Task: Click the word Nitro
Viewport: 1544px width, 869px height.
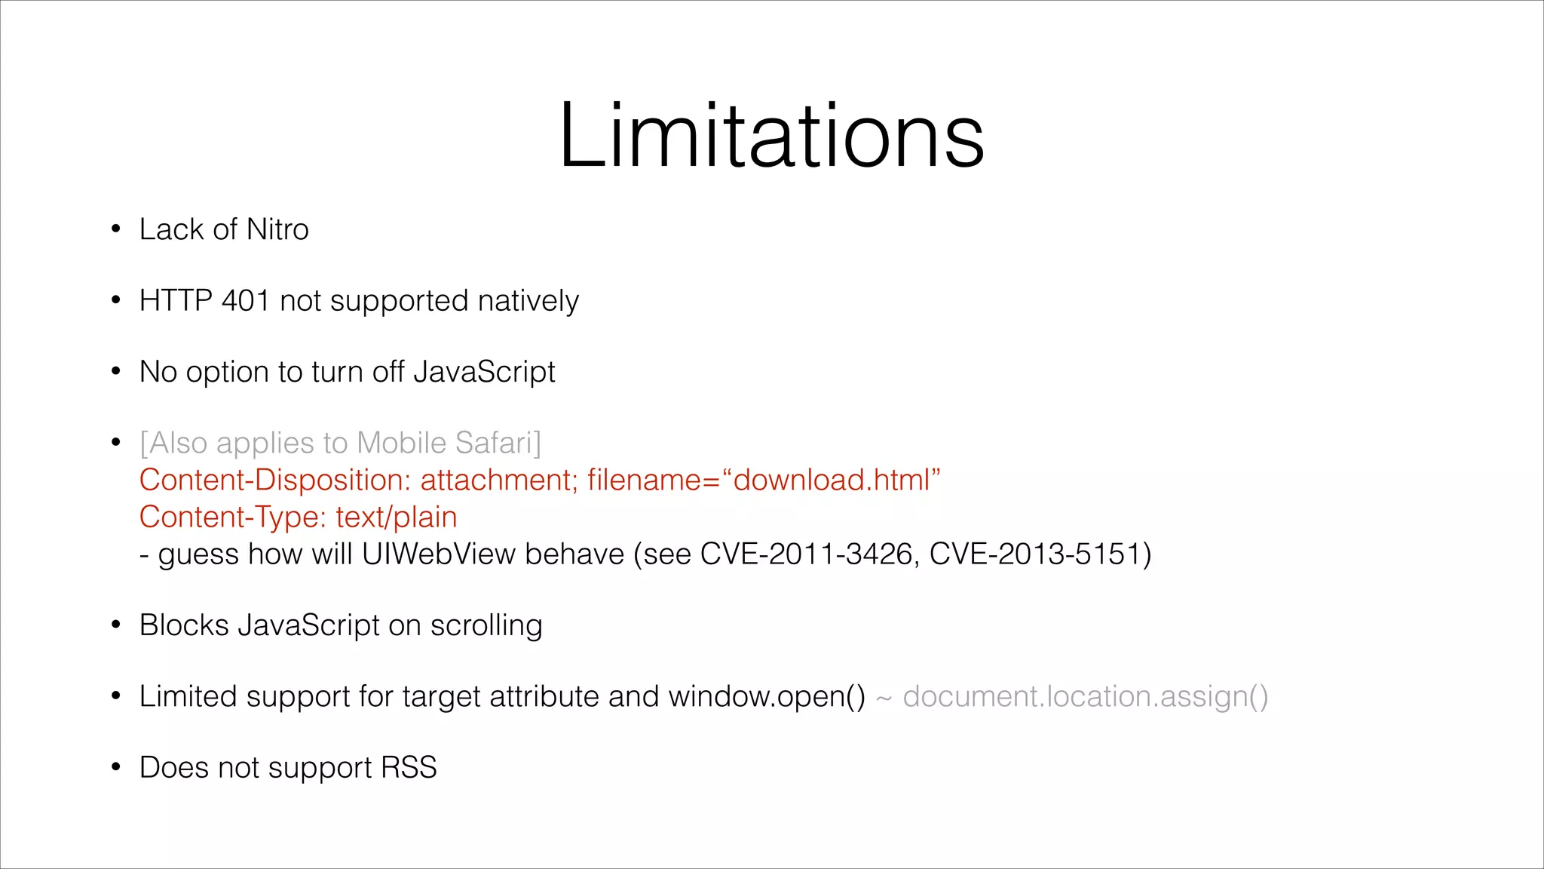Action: pyautogui.click(x=277, y=229)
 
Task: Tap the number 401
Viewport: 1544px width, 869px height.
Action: pyautogui.click(x=246, y=301)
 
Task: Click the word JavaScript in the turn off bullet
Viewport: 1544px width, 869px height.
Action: pyautogui.click(x=484, y=373)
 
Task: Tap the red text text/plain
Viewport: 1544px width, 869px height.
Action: pyautogui.click(x=397, y=517)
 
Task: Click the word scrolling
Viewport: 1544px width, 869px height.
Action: pyautogui.click(x=486, y=626)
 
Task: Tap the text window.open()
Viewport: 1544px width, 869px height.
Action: pyautogui.click(x=767, y=696)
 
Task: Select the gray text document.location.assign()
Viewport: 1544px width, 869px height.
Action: pyautogui.click(x=1086, y=696)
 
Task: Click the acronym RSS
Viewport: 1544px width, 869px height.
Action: pyautogui.click(x=409, y=768)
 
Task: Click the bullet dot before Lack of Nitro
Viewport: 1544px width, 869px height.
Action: pyautogui.click(x=115, y=229)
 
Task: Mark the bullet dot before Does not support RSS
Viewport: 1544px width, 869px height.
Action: pyautogui.click(x=115, y=768)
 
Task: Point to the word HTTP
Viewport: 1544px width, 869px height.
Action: pyautogui.click(x=176, y=301)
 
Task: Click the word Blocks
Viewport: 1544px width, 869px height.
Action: pyautogui.click(x=184, y=625)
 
